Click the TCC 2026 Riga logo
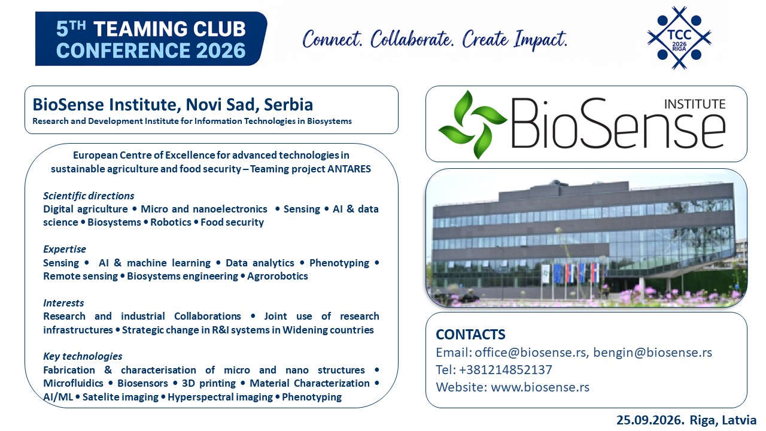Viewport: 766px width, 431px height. [679, 38]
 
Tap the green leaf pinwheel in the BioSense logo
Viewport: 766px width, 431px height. [472, 125]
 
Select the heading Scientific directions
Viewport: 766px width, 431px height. [89, 196]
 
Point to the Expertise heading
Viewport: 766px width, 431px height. [65, 249]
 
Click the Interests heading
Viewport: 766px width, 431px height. [63, 303]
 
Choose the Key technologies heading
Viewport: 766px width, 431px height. [83, 356]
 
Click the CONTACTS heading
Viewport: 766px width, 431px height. [470, 335]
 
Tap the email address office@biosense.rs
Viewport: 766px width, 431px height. [530, 353]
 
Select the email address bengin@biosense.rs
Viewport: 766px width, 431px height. [652, 353]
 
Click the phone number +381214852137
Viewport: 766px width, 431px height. [506, 370]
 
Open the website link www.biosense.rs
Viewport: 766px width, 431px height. [540, 387]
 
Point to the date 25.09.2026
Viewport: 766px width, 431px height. [650, 420]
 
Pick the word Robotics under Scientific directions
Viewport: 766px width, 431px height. [171, 222]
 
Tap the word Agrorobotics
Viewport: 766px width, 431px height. [277, 276]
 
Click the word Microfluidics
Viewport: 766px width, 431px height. [73, 383]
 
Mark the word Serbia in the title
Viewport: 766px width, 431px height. [288, 105]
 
